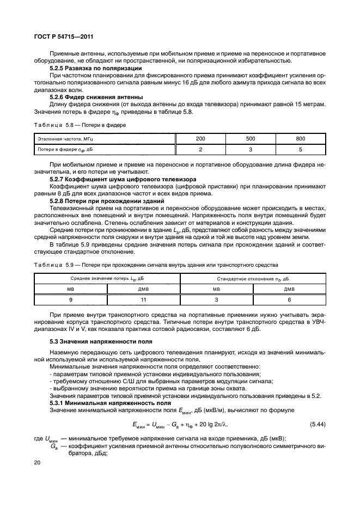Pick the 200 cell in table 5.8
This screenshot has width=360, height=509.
(x=200, y=139)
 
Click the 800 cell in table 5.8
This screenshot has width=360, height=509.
(x=301, y=139)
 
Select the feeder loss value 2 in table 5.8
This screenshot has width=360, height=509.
(x=200, y=149)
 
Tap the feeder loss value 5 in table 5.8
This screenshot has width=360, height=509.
(x=301, y=149)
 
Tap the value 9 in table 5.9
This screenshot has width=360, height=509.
(x=71, y=299)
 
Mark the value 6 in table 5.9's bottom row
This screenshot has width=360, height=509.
(x=289, y=299)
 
